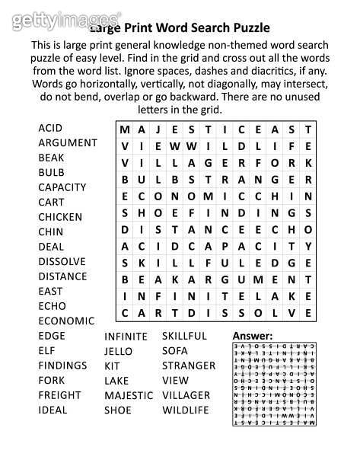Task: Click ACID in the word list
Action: click(x=50, y=128)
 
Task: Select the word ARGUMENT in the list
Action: click(x=67, y=142)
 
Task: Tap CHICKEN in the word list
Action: click(x=60, y=217)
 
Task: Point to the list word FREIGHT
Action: click(x=59, y=395)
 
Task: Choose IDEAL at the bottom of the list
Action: click(x=53, y=410)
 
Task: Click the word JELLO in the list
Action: click(x=118, y=351)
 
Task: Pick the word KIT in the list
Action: click(x=112, y=365)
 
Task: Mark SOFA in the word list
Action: click(x=174, y=351)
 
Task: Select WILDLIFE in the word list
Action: click(x=185, y=410)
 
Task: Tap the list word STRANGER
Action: click(x=189, y=365)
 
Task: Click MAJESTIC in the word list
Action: click(x=129, y=395)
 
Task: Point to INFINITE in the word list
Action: click(x=126, y=336)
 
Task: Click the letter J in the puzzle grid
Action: click(x=161, y=129)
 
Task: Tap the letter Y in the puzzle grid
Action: click(x=308, y=246)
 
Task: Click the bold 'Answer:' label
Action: click(x=252, y=336)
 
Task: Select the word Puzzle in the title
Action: click(x=248, y=28)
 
